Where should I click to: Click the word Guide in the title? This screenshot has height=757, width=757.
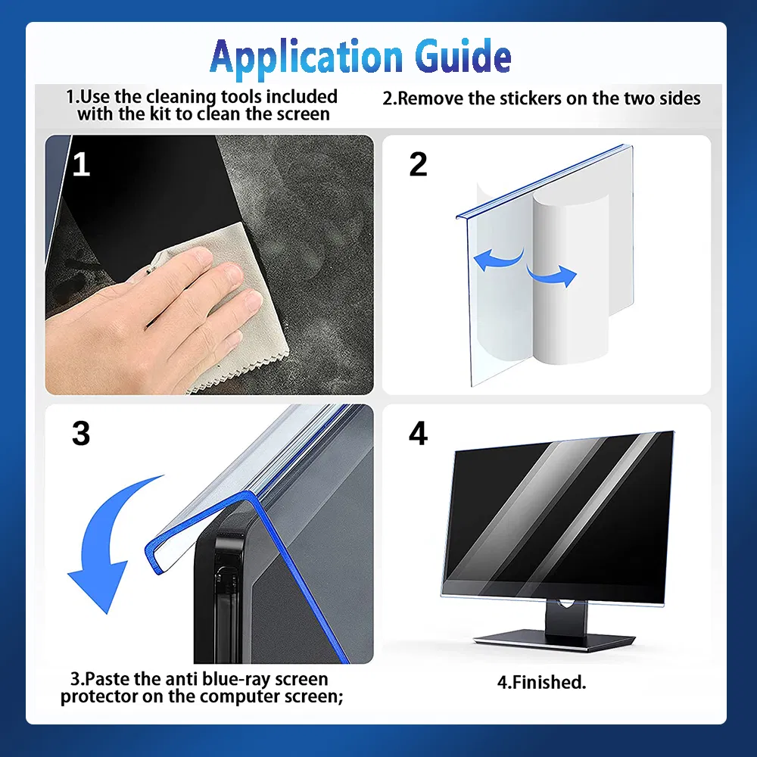463,56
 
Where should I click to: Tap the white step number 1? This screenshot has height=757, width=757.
82,164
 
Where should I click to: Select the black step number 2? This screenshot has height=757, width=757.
418,164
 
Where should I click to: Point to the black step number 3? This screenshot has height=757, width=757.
81,433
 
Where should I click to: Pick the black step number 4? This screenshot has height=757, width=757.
418,433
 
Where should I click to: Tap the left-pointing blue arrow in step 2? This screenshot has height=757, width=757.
497,259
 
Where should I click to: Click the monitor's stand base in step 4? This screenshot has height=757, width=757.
554,640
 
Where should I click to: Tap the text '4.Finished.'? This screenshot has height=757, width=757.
542,682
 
